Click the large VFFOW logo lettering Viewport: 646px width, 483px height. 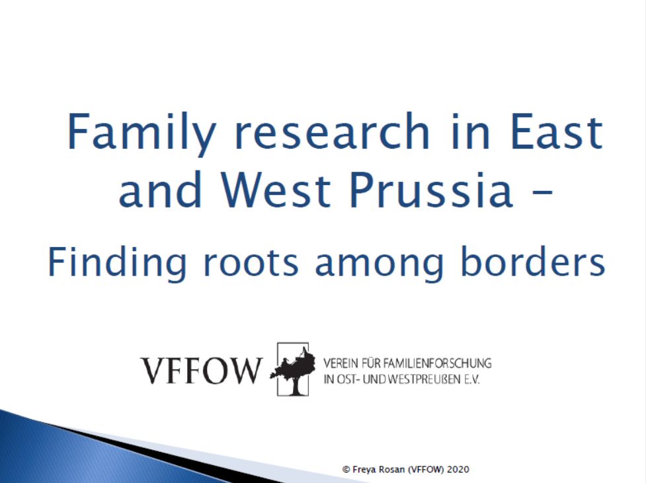(x=201, y=371)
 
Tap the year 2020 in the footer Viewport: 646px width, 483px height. (x=458, y=469)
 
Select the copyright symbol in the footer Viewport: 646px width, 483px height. (x=345, y=469)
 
